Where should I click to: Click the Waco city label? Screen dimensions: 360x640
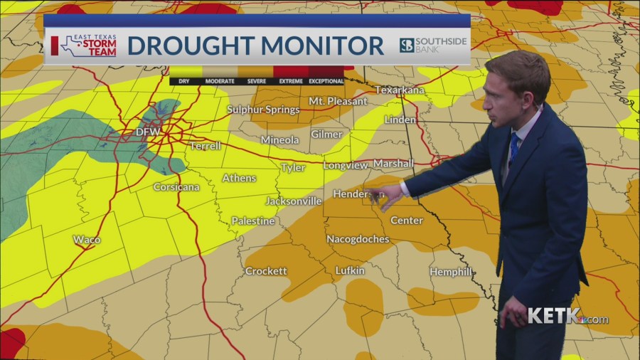(87, 240)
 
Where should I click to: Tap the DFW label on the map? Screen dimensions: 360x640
(149, 132)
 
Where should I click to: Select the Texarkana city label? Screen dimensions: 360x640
(399, 90)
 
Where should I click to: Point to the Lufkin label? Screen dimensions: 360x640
(350, 270)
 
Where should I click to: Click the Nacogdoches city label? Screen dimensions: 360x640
(358, 239)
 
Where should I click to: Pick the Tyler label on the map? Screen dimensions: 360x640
(293, 168)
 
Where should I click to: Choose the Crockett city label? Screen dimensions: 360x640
(266, 271)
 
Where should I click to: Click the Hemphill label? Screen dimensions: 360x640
(451, 272)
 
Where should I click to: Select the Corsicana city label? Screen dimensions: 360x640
(176, 187)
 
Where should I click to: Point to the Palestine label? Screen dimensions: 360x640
(252, 221)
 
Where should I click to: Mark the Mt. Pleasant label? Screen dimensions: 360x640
(338, 102)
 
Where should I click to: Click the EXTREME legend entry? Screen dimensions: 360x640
(290, 81)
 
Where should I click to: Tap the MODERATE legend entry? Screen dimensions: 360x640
(220, 81)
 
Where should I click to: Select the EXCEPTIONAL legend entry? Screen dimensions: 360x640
(326, 81)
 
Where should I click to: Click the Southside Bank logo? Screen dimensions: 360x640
(433, 46)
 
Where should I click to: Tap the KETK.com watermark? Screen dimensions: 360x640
(567, 317)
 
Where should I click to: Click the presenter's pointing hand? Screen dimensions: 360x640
(388, 196)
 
